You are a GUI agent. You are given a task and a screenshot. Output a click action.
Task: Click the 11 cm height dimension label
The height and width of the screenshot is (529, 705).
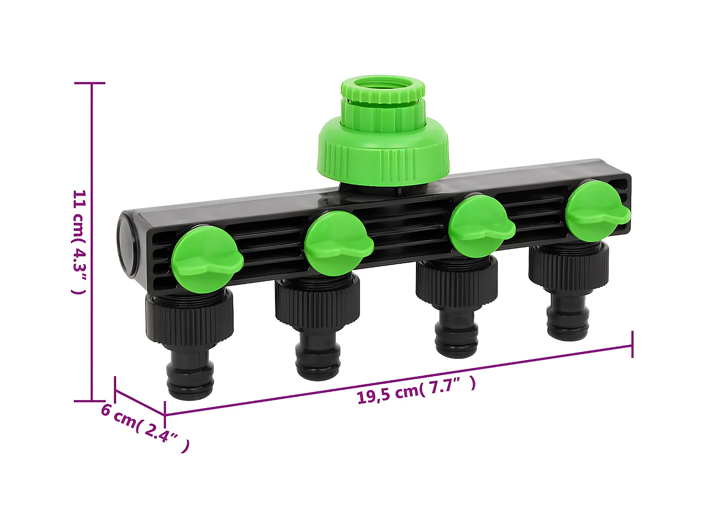tap(79, 242)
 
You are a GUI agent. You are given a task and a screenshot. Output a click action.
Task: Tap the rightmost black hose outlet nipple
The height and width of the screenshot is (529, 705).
tap(568, 320)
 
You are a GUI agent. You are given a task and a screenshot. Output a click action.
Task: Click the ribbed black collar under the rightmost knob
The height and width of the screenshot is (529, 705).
tap(569, 266)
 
